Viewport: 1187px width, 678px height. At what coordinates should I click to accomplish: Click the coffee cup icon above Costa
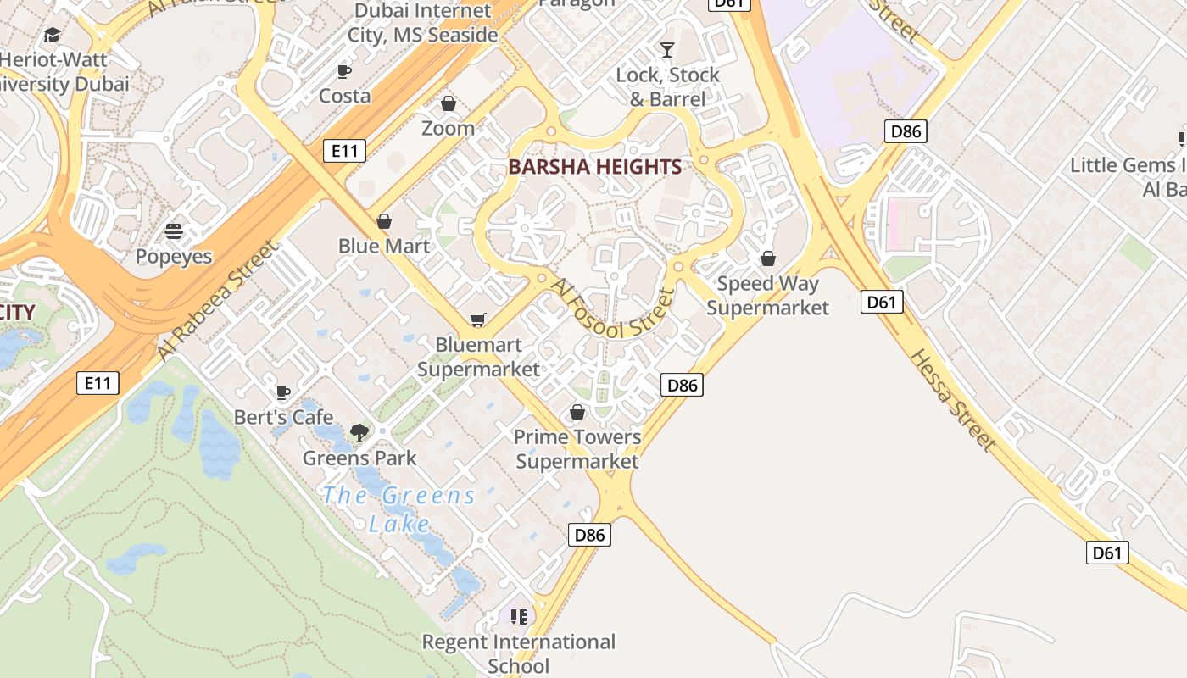pos(344,71)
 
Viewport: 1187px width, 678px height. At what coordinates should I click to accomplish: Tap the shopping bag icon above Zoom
pos(449,103)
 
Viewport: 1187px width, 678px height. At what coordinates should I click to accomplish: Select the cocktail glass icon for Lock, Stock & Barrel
pos(667,49)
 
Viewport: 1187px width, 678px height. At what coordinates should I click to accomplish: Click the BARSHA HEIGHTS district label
pos(595,167)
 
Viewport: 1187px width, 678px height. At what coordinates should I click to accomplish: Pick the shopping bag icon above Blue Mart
pos(384,221)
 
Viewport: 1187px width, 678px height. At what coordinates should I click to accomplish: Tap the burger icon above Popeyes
pos(174,231)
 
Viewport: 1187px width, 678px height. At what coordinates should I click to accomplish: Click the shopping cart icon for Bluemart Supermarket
pos(478,320)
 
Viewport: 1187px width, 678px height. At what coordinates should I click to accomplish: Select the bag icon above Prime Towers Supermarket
pos(577,412)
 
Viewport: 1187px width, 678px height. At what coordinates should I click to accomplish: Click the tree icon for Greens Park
pos(359,433)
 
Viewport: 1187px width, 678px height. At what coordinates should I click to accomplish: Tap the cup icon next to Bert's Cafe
pos(283,392)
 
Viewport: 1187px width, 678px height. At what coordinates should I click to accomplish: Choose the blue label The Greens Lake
pos(398,509)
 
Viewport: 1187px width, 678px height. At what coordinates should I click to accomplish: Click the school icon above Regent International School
pos(519,616)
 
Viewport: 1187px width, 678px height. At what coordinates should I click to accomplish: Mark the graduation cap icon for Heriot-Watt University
pos(53,35)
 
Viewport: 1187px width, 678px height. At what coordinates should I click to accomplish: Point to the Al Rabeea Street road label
pos(218,300)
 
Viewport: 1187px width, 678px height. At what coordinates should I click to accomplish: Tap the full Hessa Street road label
pos(952,399)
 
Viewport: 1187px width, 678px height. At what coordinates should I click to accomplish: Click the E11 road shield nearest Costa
pos(344,151)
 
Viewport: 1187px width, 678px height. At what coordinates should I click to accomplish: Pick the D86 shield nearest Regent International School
pos(589,535)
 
